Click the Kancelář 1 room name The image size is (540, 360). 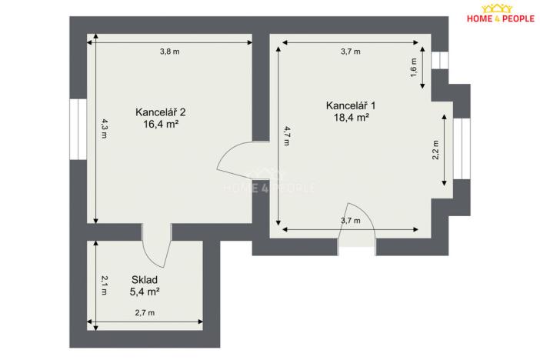(351, 105)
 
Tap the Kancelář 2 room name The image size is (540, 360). (160, 111)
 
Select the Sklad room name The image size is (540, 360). (144, 281)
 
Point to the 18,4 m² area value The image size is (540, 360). (351, 118)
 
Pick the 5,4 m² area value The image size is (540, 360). (144, 293)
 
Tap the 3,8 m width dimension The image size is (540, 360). (169, 52)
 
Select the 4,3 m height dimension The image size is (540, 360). (103, 128)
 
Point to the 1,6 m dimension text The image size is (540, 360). (414, 67)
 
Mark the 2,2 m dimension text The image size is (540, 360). (436, 148)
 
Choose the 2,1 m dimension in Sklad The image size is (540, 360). (103, 285)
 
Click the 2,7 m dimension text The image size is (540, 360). (145, 313)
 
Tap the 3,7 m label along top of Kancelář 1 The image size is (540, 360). (350, 52)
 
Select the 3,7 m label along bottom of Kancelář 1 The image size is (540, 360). (350, 221)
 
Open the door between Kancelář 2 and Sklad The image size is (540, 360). (156, 245)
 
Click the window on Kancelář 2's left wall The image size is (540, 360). (78, 128)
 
